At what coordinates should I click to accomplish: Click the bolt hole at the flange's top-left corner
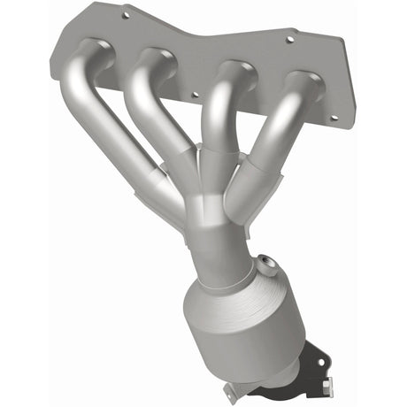coord(126,15)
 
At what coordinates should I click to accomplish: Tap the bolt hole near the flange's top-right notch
coord(288,39)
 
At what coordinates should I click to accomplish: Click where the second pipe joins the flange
coord(154,60)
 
